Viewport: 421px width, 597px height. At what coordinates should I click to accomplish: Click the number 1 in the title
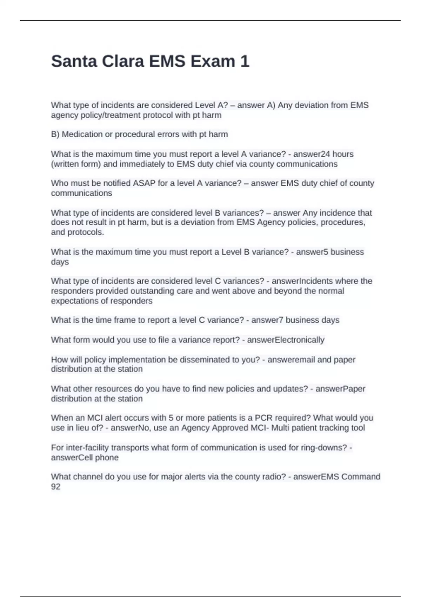point(245,61)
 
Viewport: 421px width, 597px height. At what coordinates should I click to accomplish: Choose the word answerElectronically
point(286,340)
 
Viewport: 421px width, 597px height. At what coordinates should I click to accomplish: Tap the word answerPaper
point(340,389)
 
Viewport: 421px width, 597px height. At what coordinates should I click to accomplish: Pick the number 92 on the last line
point(56,487)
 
